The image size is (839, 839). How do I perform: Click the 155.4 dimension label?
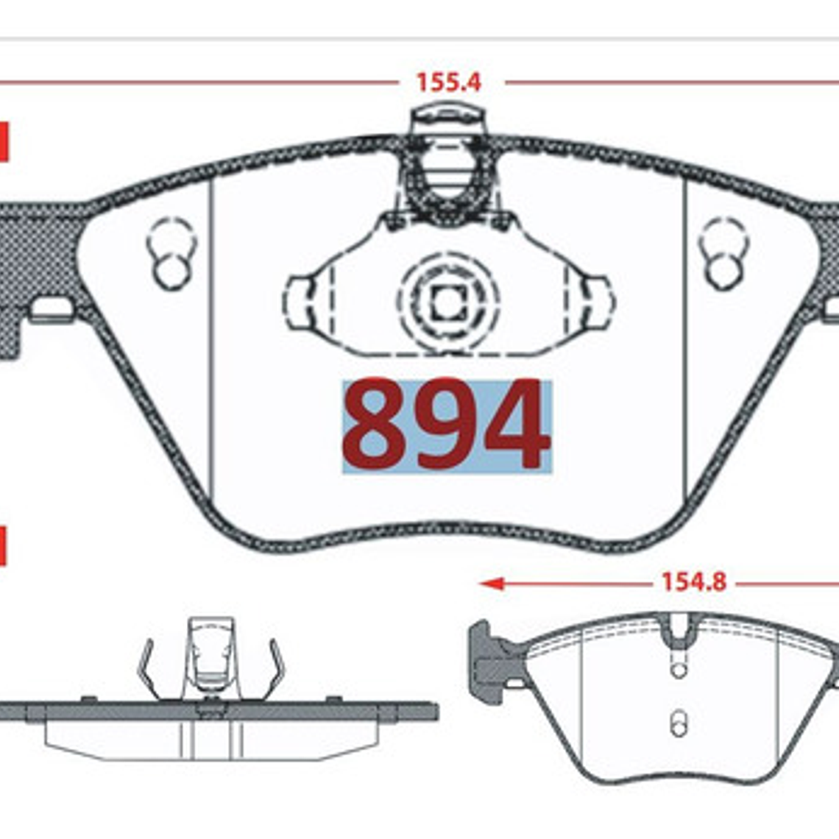pyautogui.click(x=448, y=82)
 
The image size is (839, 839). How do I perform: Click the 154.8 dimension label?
pyautogui.click(x=694, y=582)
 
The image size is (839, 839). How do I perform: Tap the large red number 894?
pyautogui.click(x=446, y=425)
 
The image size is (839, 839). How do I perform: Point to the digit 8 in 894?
pyautogui.click(x=378, y=425)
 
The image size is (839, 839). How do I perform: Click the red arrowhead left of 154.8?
pyautogui.click(x=492, y=583)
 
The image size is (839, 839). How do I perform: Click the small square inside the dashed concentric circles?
pyautogui.click(x=447, y=303)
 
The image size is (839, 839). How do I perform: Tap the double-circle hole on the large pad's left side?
pyautogui.click(x=171, y=254)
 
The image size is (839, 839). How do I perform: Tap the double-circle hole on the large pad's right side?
pyautogui.click(x=723, y=254)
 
